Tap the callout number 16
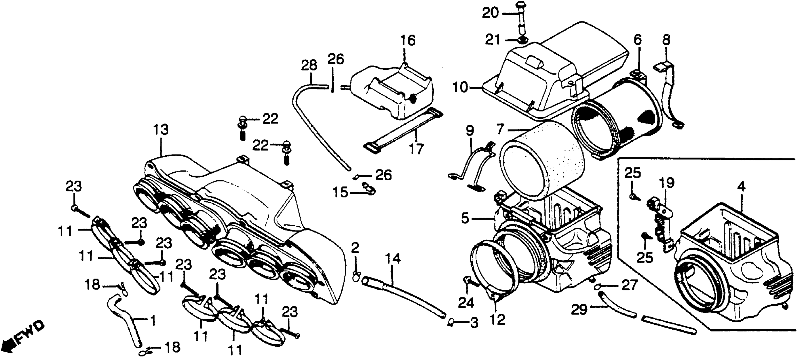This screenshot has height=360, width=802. click(x=408, y=40)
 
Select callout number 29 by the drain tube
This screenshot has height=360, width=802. click(x=579, y=310)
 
